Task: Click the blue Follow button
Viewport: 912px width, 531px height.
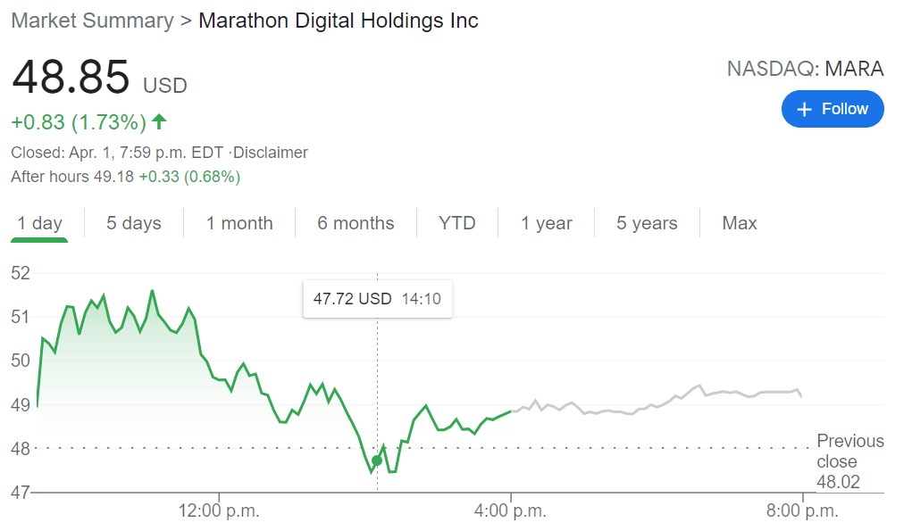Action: (x=832, y=109)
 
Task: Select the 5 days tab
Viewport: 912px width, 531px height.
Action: (x=134, y=223)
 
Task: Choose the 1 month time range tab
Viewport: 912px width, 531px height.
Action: (x=239, y=223)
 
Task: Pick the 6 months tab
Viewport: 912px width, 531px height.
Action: (x=356, y=223)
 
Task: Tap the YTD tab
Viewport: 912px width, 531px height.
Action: (x=456, y=223)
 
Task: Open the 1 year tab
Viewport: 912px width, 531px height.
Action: (x=547, y=223)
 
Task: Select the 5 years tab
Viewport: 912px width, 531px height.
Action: (x=647, y=223)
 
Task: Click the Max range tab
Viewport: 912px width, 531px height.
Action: (x=739, y=223)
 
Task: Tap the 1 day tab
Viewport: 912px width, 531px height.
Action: (x=40, y=223)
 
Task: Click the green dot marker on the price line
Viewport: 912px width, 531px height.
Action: (x=377, y=460)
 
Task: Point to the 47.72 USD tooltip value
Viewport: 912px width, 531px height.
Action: (x=352, y=299)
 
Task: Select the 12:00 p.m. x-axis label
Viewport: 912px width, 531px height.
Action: (x=219, y=511)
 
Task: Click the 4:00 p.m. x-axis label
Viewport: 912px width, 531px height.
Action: (x=511, y=511)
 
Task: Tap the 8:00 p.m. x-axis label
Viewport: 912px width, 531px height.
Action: (x=803, y=511)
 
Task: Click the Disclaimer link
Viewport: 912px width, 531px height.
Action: (x=270, y=153)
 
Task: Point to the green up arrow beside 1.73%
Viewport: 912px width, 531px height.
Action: (x=159, y=121)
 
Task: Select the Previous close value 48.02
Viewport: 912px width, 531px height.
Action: (x=837, y=483)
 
